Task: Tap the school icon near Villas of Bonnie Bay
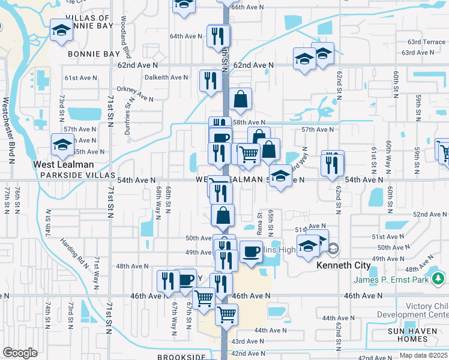pos(61,31)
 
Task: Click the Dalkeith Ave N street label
pos(166,77)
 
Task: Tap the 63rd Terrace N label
pos(426,42)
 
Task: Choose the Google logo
pos(20,353)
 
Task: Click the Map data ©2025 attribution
pos(424,355)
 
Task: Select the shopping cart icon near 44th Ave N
pos(226,314)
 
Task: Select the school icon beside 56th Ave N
pos(62,145)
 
